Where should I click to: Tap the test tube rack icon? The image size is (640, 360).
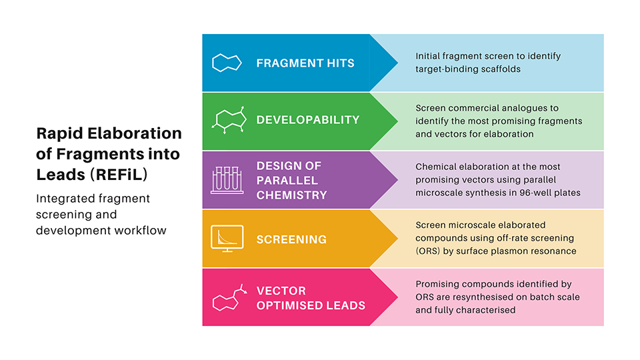coord(227,180)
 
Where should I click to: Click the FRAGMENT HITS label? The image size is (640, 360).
coord(305,63)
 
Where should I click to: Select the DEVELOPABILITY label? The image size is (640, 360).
coord(308,120)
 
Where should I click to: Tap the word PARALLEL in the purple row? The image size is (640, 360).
coord(287,181)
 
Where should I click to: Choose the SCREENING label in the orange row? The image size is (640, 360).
coord(291,239)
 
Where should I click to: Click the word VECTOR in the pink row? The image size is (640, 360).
coord(281,291)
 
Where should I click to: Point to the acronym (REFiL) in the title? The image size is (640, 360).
coord(119,175)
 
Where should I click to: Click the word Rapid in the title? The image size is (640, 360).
coord(59,134)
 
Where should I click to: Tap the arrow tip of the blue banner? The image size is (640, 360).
coord(397,63)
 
